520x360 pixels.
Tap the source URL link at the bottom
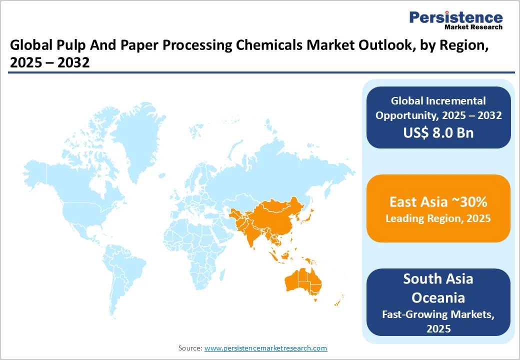tap(265, 348)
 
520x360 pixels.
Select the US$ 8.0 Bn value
tap(438, 133)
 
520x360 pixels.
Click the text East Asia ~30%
tap(438, 202)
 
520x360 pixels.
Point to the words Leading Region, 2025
tap(438, 218)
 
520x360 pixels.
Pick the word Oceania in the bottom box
tap(438, 297)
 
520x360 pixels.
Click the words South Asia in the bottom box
tap(438, 279)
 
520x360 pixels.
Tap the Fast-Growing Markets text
tap(438, 314)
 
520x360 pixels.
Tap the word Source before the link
tap(190, 348)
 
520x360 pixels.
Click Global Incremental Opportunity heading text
tap(438, 108)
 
